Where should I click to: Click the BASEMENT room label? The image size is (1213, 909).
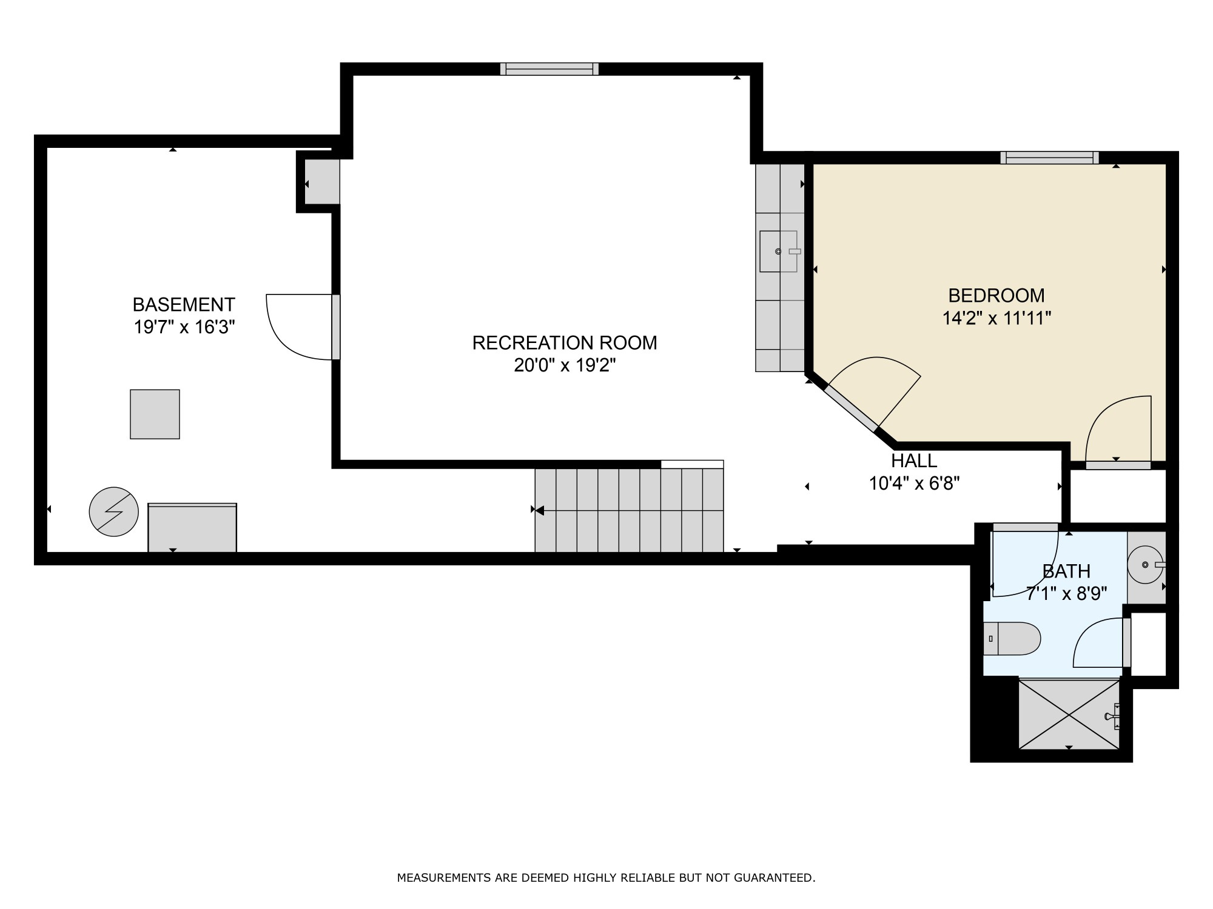point(184,304)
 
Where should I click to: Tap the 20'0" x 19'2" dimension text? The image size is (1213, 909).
point(565,365)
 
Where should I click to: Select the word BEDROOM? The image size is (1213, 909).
point(996,296)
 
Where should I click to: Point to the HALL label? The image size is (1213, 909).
point(913,461)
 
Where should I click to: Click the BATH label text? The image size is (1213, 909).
point(1066,571)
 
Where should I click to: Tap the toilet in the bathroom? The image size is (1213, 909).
point(1013,639)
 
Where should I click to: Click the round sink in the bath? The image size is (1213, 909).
point(1145,565)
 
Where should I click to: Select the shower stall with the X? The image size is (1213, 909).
point(1069,714)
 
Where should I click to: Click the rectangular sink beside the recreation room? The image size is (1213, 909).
point(778,251)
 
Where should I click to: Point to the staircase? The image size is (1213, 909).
point(629,510)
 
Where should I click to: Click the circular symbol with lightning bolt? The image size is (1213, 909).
point(113,511)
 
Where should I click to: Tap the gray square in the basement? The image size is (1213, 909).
point(155,414)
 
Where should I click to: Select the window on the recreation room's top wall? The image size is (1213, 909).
point(549,69)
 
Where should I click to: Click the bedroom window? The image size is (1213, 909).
point(1049,158)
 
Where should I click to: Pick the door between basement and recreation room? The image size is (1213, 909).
point(335,327)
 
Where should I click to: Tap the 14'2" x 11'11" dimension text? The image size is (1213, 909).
point(996,318)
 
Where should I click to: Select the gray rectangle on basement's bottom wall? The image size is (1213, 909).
point(192,527)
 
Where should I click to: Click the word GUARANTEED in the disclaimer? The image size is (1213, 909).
point(774,877)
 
